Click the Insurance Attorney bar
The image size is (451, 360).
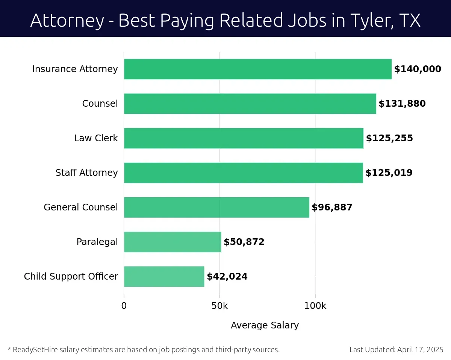coord(257,69)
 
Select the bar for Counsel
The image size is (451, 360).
coord(250,104)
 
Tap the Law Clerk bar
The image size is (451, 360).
coord(244,138)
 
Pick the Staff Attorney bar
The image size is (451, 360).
coord(243,173)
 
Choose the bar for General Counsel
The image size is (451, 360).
coord(216,207)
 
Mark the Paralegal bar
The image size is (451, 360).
coord(173,242)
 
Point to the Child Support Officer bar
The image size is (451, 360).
coord(164,277)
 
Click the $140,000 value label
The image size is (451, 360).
coord(418,69)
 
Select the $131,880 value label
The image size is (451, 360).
coord(402,104)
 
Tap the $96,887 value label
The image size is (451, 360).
coord(332,207)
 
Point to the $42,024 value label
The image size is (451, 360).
coord(227,277)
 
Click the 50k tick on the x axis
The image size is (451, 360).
coord(219,306)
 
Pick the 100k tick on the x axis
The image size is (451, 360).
coord(315,306)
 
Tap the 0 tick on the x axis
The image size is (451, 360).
coord(124,306)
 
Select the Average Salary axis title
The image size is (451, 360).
coord(265,325)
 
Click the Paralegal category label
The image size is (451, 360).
coord(97,242)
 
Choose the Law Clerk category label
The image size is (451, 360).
coord(96,138)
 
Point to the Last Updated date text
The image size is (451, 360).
coord(396,350)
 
